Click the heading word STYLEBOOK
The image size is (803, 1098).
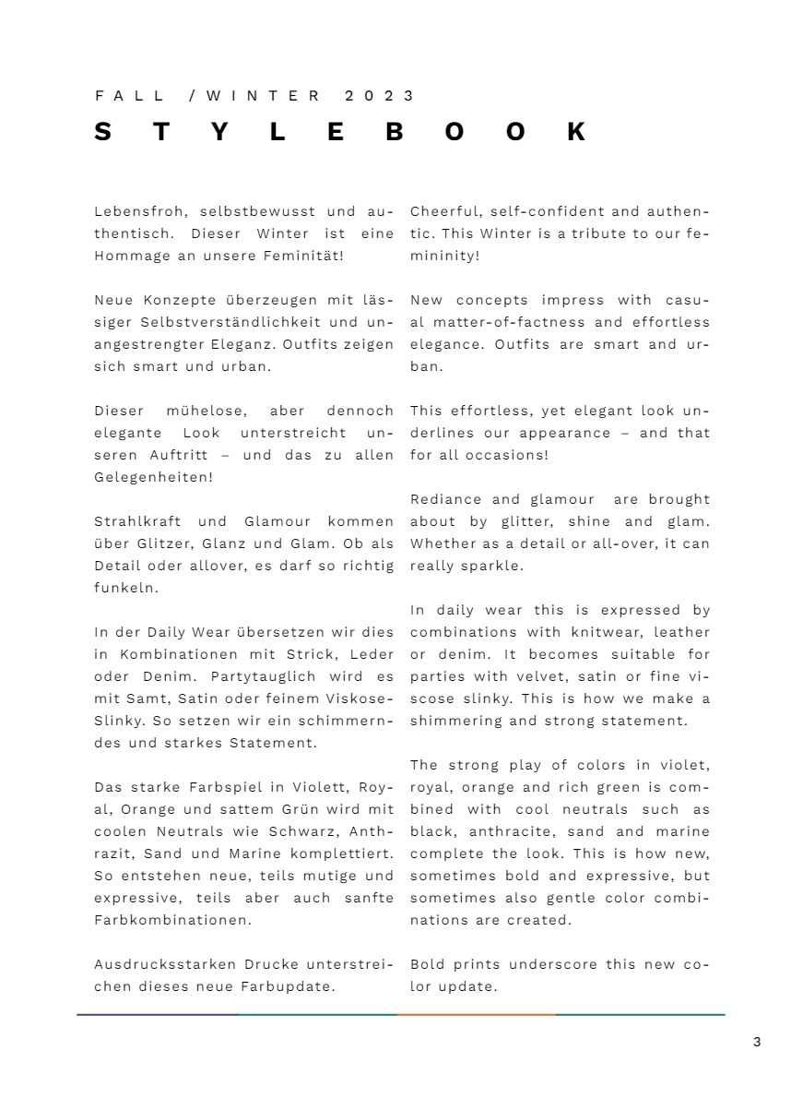click(340, 132)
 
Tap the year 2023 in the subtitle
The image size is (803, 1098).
click(380, 96)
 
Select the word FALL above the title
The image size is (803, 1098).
click(130, 96)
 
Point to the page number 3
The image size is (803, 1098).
click(757, 1043)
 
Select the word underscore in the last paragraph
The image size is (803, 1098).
click(556, 964)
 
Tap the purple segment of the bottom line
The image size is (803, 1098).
click(157, 1015)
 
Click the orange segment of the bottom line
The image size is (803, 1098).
click(477, 1015)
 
